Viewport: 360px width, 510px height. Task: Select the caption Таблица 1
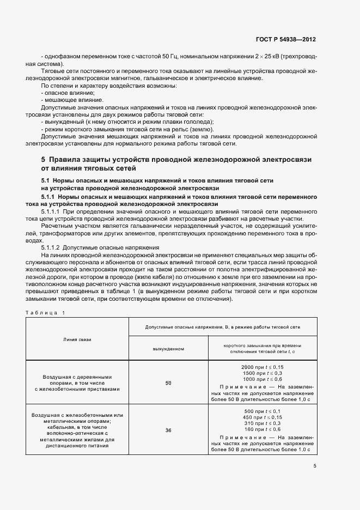coord(45,312)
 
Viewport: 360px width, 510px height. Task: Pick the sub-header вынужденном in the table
coord(168,348)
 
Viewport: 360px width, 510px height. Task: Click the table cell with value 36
coord(168,430)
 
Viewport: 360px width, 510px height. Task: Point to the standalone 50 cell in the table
coord(168,383)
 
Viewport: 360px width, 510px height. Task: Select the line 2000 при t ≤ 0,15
coord(262,367)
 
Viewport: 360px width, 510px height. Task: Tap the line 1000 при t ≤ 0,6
coord(262,379)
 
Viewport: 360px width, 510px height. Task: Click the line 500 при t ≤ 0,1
coord(262,410)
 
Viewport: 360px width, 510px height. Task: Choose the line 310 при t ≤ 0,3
coord(262,422)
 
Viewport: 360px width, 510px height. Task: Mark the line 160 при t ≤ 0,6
coord(262,428)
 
